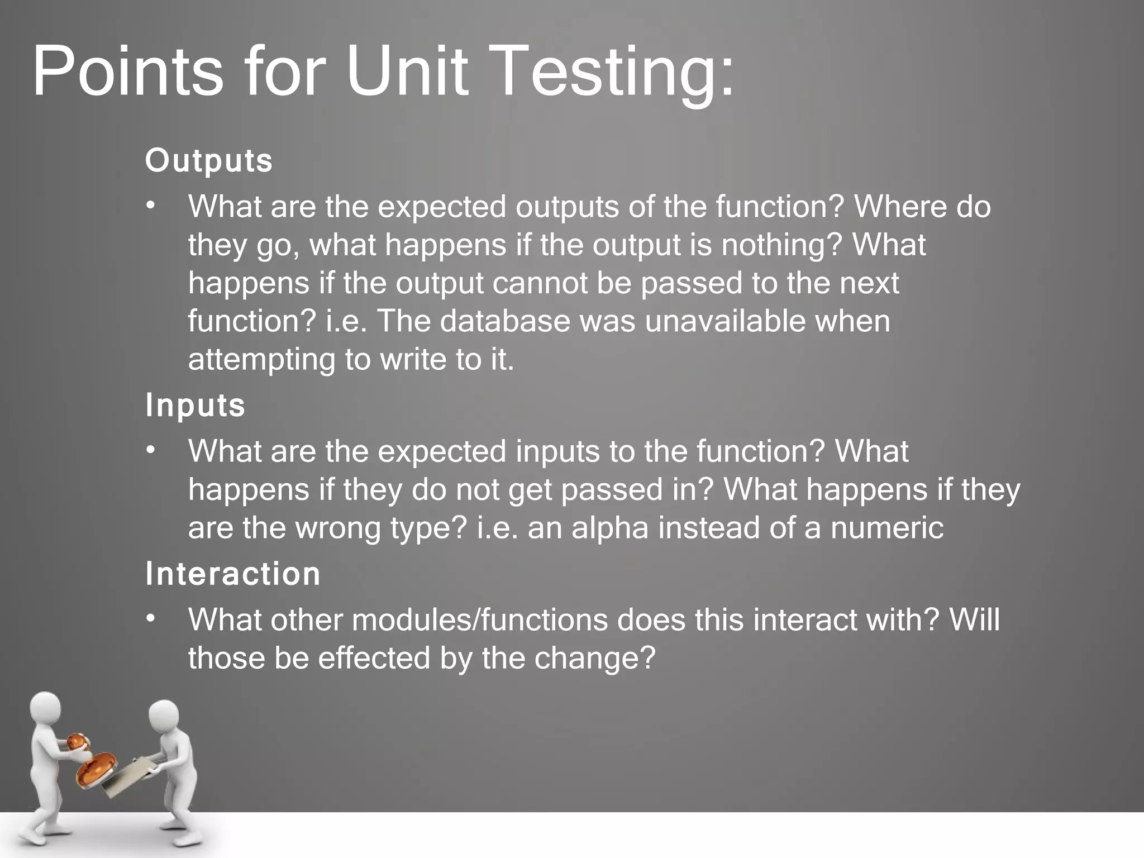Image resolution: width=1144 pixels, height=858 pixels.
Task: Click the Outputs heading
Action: (209, 161)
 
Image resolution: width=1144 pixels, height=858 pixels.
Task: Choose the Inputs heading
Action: (196, 405)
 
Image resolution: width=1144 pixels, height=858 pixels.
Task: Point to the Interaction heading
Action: (233, 574)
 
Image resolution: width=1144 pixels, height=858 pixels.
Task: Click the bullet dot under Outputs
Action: (150, 207)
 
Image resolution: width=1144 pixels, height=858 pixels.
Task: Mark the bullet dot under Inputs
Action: (150, 451)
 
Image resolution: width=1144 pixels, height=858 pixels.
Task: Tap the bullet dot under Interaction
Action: (150, 620)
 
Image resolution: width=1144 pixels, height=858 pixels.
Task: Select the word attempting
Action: (261, 360)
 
